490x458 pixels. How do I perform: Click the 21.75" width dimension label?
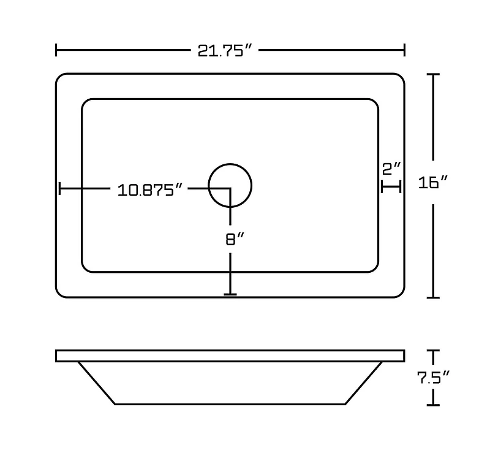224,50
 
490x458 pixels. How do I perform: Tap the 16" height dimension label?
433,182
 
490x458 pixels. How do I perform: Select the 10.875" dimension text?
149,190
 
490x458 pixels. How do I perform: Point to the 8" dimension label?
235,239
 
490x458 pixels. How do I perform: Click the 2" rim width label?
391,169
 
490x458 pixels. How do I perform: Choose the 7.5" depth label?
433,378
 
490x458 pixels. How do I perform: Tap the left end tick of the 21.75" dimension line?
56,50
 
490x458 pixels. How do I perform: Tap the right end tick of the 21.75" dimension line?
404,50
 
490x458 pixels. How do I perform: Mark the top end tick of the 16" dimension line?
433,74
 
